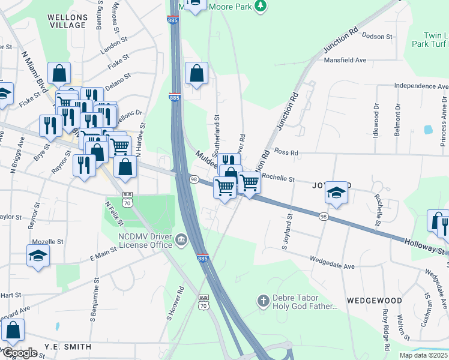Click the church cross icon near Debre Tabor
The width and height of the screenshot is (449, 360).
262,300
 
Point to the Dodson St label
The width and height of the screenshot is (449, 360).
378,37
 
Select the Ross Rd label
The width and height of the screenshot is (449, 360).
286,152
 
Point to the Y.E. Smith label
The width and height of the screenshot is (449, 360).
67,347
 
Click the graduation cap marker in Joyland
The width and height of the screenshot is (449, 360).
337,192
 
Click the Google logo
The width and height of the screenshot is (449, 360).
19,353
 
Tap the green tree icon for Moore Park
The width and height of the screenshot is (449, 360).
260,5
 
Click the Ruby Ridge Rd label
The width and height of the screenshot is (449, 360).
385,329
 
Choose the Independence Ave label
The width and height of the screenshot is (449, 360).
421,86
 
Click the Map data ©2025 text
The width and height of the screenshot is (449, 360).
423,355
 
